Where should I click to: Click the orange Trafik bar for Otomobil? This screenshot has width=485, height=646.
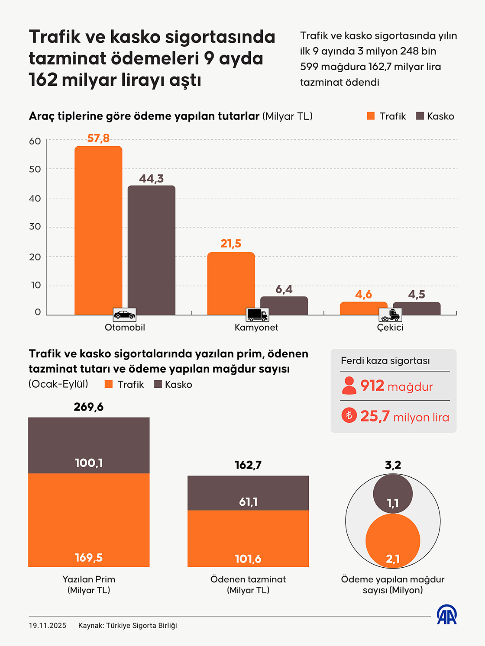tap(98, 229)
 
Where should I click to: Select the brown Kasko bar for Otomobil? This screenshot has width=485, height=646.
tap(151, 249)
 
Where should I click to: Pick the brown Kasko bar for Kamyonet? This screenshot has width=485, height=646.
tap(284, 305)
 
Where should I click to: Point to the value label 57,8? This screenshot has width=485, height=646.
tap(98, 138)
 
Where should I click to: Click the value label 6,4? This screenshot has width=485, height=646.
tap(284, 289)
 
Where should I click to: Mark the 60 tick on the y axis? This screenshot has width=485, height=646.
tap(35, 141)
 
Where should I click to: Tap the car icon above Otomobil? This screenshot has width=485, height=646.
tap(124, 315)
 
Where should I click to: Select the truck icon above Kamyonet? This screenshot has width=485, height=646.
tap(257, 315)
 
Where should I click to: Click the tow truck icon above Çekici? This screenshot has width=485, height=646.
tap(390, 315)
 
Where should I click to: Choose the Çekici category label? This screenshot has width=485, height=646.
tap(390, 328)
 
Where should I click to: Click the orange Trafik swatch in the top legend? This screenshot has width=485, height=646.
tap(371, 116)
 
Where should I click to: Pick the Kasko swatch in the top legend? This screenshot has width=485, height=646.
tap(420, 116)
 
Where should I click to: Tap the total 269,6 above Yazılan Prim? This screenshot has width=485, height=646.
tap(89, 407)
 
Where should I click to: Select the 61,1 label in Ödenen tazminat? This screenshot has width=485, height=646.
tap(248, 502)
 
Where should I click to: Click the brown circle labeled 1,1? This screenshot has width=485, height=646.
tap(393, 493)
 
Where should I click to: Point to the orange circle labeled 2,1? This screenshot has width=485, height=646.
tap(393, 541)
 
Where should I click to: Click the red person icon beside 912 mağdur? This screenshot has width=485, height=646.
tap(349, 386)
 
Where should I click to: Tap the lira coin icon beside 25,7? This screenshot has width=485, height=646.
tap(349, 416)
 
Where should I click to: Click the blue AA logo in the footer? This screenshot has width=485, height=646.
tap(446, 615)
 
